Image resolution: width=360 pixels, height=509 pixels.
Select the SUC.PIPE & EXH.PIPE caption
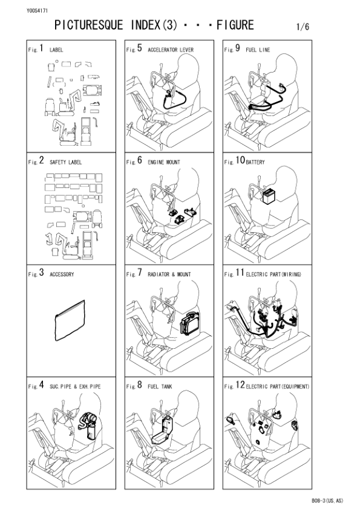pos(75,386)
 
